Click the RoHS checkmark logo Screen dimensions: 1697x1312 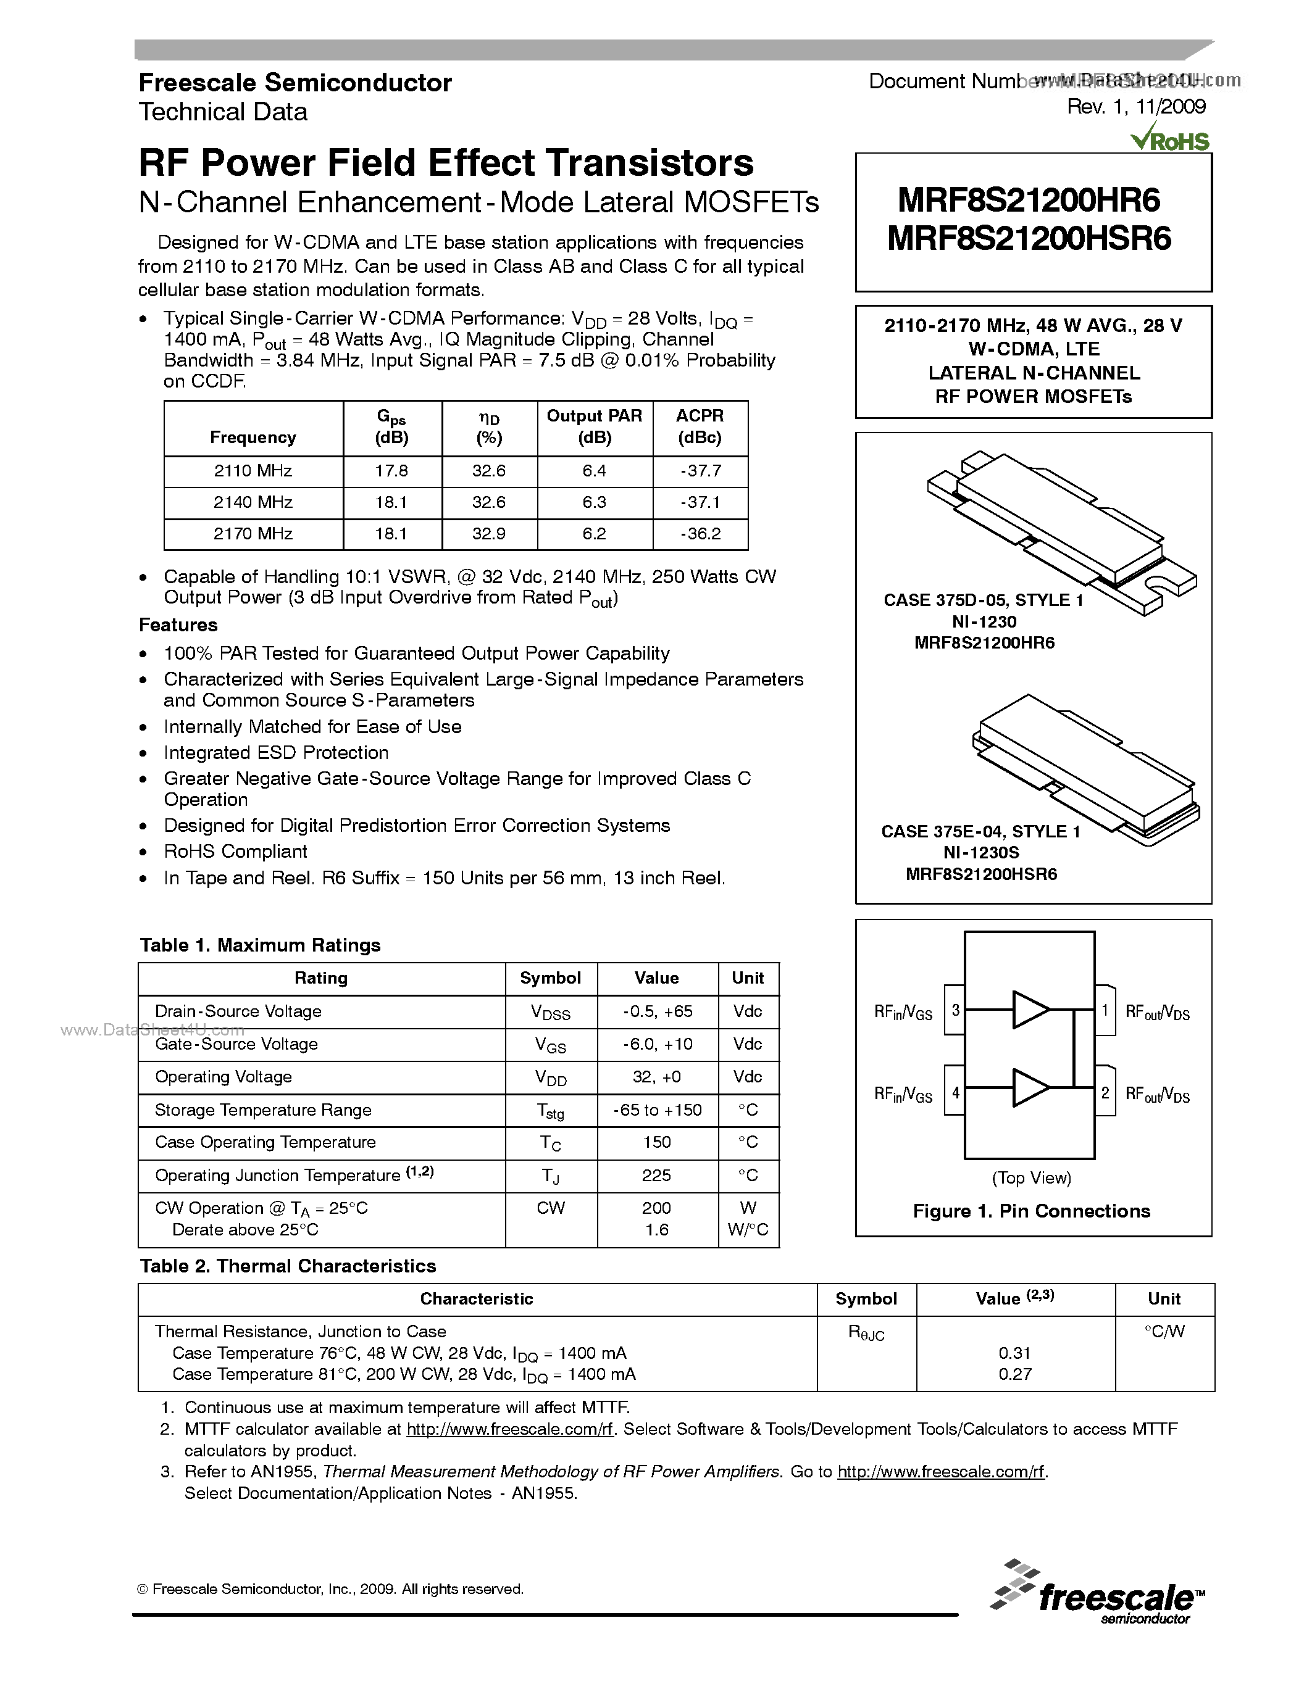point(1171,139)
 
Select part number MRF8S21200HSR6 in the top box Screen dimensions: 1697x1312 point(1029,239)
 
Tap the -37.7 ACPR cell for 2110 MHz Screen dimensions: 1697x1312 point(700,471)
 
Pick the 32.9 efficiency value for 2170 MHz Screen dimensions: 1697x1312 point(489,534)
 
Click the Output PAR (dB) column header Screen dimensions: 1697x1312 point(594,426)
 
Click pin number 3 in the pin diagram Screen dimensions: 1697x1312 point(955,1010)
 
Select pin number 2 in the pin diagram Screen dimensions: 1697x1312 point(1105,1092)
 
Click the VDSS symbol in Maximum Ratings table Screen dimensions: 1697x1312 point(550,1013)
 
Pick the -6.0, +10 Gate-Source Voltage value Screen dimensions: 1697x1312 point(657,1044)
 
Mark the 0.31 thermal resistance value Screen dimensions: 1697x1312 point(1014,1353)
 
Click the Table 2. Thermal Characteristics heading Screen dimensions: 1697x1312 point(288,1266)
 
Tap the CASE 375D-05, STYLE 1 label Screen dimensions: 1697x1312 point(983,600)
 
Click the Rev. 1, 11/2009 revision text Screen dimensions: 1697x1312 point(1135,107)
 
